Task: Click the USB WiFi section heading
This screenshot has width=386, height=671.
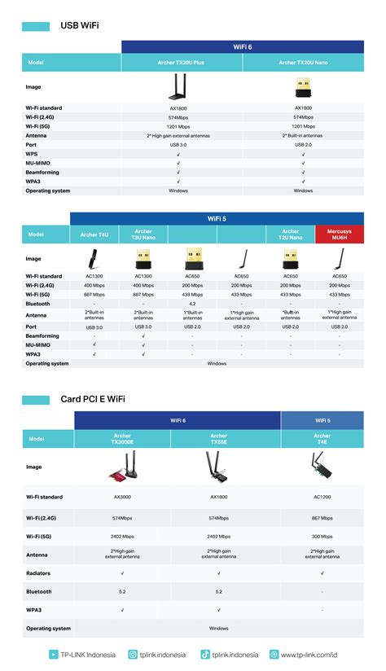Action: click(x=80, y=25)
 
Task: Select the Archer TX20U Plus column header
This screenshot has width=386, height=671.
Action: click(x=178, y=62)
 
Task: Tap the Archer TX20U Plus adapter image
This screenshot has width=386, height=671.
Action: click(x=178, y=86)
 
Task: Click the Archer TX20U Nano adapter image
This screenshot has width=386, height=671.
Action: click(x=303, y=86)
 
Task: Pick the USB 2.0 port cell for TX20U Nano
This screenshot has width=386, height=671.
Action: click(x=303, y=144)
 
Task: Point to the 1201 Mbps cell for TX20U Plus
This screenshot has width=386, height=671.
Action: click(x=178, y=126)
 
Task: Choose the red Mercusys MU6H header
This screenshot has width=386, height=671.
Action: click(x=340, y=235)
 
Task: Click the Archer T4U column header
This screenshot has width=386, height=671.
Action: click(x=94, y=235)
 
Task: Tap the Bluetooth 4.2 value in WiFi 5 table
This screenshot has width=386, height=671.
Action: click(x=192, y=303)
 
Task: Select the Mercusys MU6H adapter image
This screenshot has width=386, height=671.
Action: click(x=339, y=259)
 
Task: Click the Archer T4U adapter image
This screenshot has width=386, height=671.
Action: click(x=94, y=259)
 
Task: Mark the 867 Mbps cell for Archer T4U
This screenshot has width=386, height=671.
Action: click(x=94, y=294)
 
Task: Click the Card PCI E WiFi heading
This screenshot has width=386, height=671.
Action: click(x=93, y=400)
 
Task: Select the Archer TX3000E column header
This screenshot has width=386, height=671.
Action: click(x=122, y=438)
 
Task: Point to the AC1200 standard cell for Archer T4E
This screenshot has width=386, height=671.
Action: click(x=322, y=497)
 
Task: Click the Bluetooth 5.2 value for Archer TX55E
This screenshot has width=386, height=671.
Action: click(x=218, y=592)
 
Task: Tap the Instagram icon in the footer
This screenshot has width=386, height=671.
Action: click(x=133, y=654)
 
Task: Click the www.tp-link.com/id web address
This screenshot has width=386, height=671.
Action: click(x=309, y=654)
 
